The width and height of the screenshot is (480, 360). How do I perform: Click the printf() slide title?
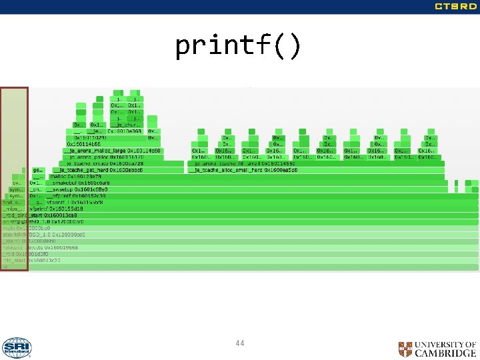pos(239,46)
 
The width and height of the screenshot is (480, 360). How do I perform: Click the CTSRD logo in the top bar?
pos(455,7)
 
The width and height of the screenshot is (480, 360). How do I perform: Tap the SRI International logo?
pos(16,348)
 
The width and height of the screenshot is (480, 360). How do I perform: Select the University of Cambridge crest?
pos(405,349)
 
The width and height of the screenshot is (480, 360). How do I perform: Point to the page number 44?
pos(240,343)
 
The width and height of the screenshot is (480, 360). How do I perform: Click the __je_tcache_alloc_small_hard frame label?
pos(243,170)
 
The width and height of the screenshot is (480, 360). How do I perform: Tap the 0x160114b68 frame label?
pos(83,144)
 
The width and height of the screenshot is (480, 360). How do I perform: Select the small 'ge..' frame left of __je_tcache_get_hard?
pos(37,170)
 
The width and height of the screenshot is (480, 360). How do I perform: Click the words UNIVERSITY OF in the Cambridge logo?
pos(445,344)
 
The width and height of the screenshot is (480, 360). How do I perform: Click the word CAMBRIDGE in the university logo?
pos(445,353)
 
